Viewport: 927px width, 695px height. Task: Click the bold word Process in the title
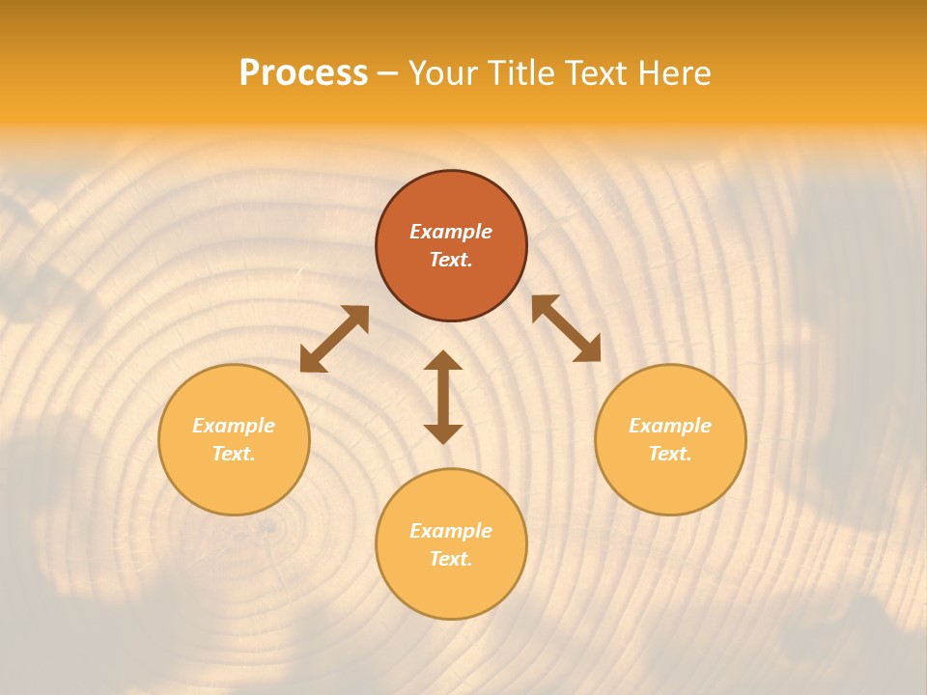(303, 73)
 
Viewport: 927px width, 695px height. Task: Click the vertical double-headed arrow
(443, 397)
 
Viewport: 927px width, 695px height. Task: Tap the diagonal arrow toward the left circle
(334, 338)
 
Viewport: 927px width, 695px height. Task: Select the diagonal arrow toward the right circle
(566, 328)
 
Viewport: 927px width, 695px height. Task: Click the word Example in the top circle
(451, 232)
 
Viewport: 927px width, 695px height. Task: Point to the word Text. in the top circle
(451, 260)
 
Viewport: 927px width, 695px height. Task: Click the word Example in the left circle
(234, 426)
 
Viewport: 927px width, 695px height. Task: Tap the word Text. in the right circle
(670, 454)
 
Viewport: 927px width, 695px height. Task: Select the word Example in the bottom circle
(451, 531)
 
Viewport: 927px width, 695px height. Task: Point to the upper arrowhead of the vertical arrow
(443, 361)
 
